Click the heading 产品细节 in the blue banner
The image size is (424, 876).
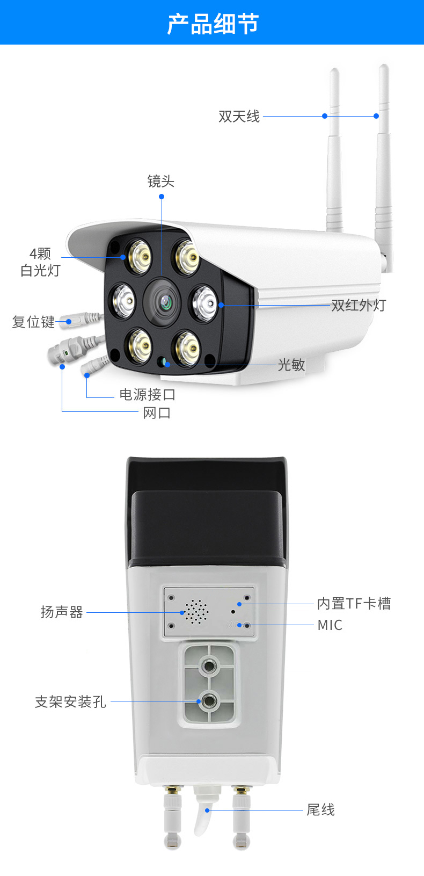(213, 24)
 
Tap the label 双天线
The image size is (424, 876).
(239, 116)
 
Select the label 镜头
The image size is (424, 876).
(160, 181)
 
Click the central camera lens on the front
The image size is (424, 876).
(165, 302)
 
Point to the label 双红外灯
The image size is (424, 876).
(359, 305)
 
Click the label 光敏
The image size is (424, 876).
(291, 365)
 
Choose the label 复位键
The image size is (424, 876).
(33, 322)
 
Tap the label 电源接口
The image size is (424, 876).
(147, 394)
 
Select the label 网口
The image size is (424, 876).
(157, 412)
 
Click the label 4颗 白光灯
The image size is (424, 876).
(40, 262)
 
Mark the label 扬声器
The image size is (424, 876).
(62, 612)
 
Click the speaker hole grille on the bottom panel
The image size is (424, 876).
(196, 612)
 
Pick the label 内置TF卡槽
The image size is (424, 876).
(354, 603)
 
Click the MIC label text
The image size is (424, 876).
(330, 625)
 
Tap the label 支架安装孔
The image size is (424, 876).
(70, 701)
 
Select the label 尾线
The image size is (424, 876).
(320, 809)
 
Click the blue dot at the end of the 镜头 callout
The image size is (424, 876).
(162, 197)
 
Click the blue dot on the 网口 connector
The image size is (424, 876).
(62, 366)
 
